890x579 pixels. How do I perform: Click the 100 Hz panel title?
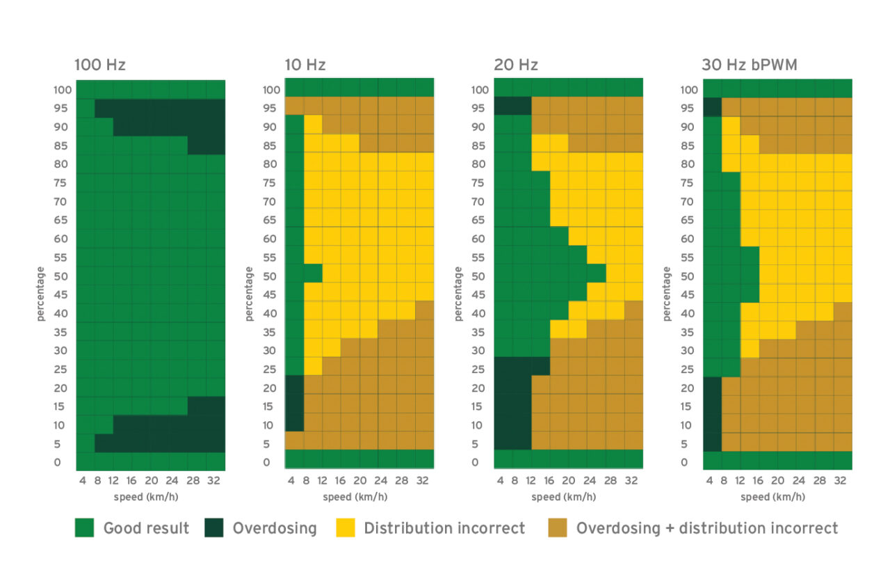(99, 65)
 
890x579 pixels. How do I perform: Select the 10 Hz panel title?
(305, 65)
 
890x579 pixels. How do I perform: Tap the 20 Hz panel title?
(516, 65)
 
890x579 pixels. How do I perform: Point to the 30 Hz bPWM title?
(750, 65)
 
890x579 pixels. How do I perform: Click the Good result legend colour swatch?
(85, 528)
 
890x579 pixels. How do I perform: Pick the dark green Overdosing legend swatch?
(213, 528)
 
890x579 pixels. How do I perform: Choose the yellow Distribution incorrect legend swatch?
(346, 528)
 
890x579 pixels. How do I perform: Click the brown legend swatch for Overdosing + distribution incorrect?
(558, 528)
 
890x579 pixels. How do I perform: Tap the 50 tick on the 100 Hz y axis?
(60, 276)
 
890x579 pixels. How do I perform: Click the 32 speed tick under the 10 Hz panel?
(422, 481)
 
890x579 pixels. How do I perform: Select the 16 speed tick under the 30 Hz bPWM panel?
(758, 481)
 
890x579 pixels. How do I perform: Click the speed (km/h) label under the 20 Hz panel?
(564, 497)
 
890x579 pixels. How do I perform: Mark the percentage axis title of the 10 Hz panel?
(249, 294)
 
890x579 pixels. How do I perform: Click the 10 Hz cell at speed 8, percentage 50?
(313, 273)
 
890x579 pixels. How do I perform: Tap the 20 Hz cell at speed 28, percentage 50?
(597, 273)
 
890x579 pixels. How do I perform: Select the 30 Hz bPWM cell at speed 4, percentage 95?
(713, 107)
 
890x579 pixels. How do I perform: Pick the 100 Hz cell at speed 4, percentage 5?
(86, 443)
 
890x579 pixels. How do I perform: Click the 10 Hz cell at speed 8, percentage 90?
(313, 124)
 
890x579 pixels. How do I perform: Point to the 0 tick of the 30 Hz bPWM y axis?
(684, 463)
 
